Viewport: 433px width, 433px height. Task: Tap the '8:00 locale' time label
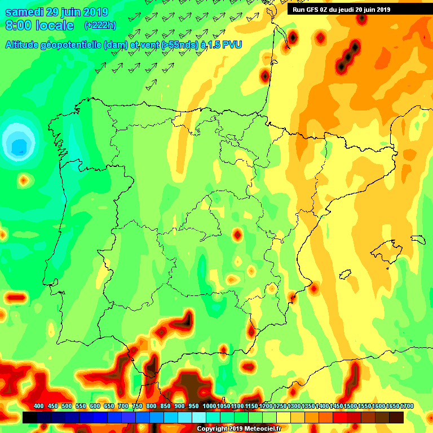[39, 25]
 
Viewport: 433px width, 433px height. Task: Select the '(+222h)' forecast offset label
[100, 25]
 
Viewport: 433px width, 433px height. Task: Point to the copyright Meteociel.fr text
[238, 428]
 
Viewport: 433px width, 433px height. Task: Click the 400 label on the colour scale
[38, 407]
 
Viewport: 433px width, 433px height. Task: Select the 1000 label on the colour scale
[209, 407]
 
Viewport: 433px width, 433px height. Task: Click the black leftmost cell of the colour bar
[30, 417]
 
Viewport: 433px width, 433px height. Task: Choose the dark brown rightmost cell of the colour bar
[396, 417]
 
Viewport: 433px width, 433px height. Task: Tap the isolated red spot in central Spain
[237, 234]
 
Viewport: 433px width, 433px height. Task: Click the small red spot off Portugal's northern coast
[24, 180]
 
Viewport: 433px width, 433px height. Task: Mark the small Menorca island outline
[417, 239]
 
